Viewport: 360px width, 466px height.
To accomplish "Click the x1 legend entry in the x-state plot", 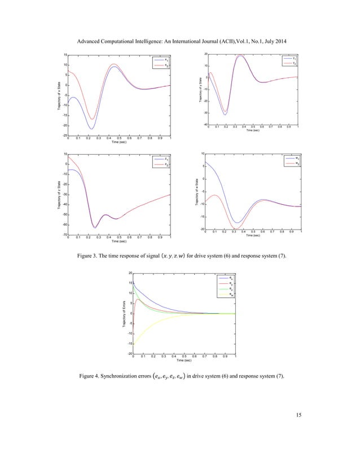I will [164, 59].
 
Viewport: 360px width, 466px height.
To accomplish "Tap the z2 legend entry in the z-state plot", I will [164, 164].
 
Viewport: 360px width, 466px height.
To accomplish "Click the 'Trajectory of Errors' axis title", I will [122, 314].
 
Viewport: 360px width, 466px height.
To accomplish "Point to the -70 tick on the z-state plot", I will [64, 235].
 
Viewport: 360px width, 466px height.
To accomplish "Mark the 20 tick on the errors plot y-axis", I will [130, 273].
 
